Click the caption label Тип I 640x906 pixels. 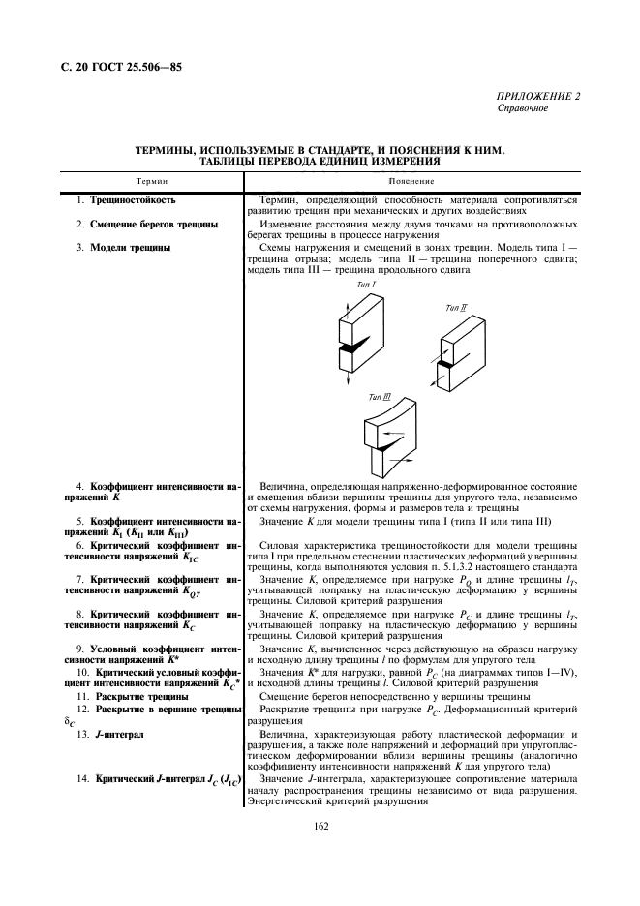pyautogui.click(x=367, y=285)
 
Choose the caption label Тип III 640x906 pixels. pyautogui.click(x=380, y=397)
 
